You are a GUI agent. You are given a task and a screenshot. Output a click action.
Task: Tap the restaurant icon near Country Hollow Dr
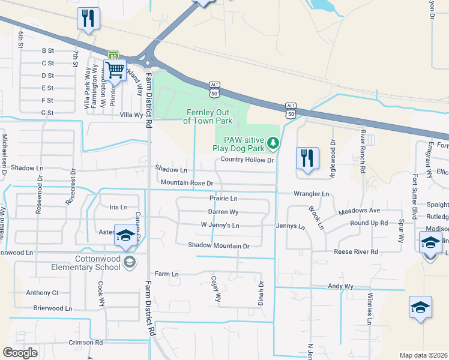307,158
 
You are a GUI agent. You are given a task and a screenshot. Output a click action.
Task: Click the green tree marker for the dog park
274,142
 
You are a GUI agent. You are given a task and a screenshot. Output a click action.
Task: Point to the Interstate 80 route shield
113,55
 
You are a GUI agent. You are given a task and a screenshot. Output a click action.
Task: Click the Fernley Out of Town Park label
208,116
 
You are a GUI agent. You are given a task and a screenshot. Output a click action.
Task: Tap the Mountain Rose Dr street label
187,182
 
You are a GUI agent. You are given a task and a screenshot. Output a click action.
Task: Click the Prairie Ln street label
223,198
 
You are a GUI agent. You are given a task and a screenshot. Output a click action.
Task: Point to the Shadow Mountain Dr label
218,245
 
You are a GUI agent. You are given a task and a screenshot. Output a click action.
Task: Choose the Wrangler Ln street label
311,194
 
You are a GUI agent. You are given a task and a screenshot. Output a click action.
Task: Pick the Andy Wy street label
340,287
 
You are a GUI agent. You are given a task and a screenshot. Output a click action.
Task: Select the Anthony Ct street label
42,293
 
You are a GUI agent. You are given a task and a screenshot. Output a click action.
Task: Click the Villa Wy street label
131,114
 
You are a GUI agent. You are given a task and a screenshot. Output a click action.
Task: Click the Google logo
20,353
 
